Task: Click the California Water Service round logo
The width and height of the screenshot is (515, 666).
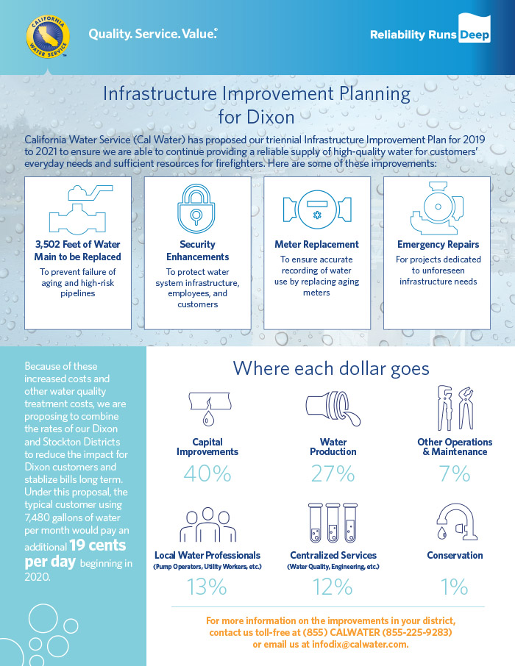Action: point(48,37)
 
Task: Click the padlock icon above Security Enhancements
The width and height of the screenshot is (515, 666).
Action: point(196,208)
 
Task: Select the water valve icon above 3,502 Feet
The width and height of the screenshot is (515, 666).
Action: point(78,210)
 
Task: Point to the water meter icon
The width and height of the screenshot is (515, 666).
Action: point(317,209)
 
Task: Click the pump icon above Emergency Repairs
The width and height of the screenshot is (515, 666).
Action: point(437,208)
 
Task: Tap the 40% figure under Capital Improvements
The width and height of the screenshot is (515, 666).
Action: point(207,473)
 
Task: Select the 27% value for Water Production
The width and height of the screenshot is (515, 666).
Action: point(333,473)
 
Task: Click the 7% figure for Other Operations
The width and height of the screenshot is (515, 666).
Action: point(455,473)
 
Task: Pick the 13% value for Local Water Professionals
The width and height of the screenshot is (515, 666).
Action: point(207,587)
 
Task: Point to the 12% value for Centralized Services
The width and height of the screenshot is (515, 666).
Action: point(333,587)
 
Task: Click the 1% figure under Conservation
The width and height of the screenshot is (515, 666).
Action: point(454,587)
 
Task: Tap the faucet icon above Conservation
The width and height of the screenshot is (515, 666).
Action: point(456,522)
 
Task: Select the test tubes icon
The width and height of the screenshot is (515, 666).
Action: point(333,523)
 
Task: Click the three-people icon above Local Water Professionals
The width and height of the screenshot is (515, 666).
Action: point(207,525)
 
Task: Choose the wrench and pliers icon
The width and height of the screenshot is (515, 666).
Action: point(455,408)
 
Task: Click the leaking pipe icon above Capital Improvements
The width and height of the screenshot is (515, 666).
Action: point(210,408)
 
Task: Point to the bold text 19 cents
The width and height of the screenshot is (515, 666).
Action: point(97,545)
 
